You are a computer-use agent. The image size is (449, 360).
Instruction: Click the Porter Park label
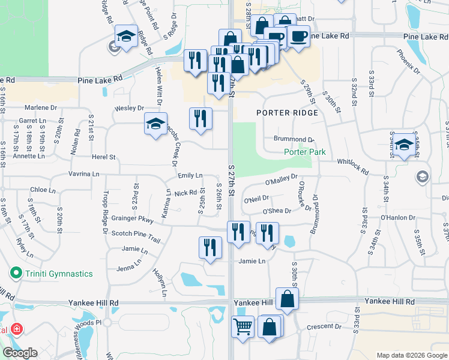(x=305, y=152)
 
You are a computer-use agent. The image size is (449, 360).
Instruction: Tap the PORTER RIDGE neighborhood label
(x=286, y=113)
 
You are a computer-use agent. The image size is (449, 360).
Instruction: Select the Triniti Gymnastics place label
(x=58, y=274)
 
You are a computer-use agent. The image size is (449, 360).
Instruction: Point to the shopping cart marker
(x=243, y=328)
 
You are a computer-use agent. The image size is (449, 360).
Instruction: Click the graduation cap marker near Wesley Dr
(x=155, y=124)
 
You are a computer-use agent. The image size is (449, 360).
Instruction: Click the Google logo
(x=20, y=353)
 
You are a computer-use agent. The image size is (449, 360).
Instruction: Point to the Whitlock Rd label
(x=353, y=165)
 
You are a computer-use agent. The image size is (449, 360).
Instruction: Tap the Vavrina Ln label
(x=83, y=174)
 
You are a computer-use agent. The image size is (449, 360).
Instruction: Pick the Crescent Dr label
(x=324, y=327)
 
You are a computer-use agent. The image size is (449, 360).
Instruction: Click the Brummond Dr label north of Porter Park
(x=295, y=139)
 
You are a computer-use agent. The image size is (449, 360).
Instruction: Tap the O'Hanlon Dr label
(x=394, y=217)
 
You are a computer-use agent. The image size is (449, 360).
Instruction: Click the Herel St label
(x=103, y=157)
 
